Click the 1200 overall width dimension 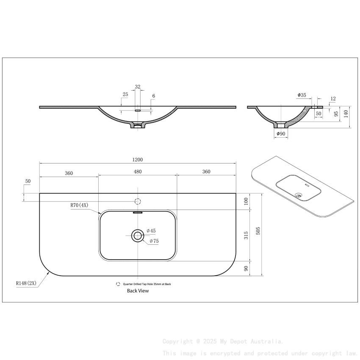138,160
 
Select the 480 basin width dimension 138,172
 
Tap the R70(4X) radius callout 79,205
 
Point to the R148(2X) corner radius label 27,283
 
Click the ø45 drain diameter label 151,231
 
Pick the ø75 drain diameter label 154,241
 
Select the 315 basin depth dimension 246,236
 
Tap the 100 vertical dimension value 246,201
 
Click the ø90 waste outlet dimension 281,134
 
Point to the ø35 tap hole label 302,95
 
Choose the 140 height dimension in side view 346,114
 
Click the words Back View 138,291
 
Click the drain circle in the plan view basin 138,235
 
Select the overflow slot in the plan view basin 138,213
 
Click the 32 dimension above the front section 138,87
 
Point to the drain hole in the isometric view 299,195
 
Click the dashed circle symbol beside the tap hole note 118,284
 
